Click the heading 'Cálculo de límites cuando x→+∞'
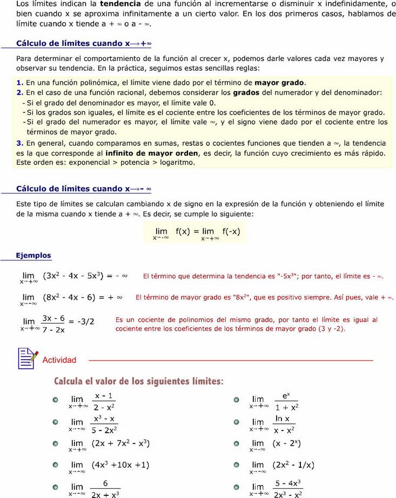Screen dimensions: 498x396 [x=84, y=43]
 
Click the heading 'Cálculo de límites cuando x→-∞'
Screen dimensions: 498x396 [x=84, y=189]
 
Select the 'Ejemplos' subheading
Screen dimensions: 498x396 [x=33, y=255]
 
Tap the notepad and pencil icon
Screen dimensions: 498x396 [x=27, y=358]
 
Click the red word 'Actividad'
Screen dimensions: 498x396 [x=59, y=360]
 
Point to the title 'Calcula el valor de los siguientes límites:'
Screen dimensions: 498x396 [x=138, y=381]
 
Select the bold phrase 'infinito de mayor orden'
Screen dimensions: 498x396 [x=152, y=153]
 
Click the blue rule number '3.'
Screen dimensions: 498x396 [x=20, y=143]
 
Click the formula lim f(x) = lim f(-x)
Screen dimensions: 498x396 [x=197, y=233]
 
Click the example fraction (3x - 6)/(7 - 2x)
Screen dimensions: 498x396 [x=53, y=324]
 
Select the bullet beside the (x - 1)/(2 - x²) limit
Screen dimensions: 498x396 [x=55, y=400]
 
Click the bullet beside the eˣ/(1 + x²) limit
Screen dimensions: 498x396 [x=236, y=400]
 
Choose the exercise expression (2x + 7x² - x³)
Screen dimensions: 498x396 [x=120, y=443]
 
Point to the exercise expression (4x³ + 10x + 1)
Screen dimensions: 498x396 [x=120, y=465]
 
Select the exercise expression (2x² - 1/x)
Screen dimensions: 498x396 [x=293, y=465]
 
